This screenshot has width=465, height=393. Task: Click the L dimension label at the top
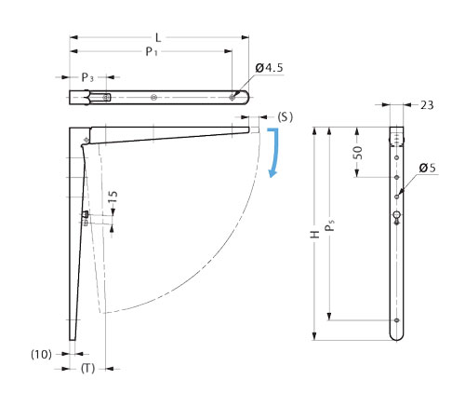158,38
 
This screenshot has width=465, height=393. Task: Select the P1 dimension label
152,51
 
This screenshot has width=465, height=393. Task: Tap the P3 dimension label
87,77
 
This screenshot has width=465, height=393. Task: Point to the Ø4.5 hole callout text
269,68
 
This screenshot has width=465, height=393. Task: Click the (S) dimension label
285,117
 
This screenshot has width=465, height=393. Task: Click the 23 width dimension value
427,105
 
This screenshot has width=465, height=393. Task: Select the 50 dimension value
358,153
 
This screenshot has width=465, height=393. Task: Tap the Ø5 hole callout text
427,168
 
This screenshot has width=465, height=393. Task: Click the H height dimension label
315,235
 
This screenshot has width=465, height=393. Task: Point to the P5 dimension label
329,225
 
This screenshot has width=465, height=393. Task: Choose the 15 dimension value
113,196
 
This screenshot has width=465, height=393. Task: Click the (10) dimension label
41,354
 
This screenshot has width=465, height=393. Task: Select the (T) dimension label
87,369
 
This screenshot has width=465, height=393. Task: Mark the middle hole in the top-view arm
153,98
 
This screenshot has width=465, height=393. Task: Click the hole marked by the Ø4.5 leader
232,98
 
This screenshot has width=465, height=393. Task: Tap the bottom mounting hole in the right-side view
396,320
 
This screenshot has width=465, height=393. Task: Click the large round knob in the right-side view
397,214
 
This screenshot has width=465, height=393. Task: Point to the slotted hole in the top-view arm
106,98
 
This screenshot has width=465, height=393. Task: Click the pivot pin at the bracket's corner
86,140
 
